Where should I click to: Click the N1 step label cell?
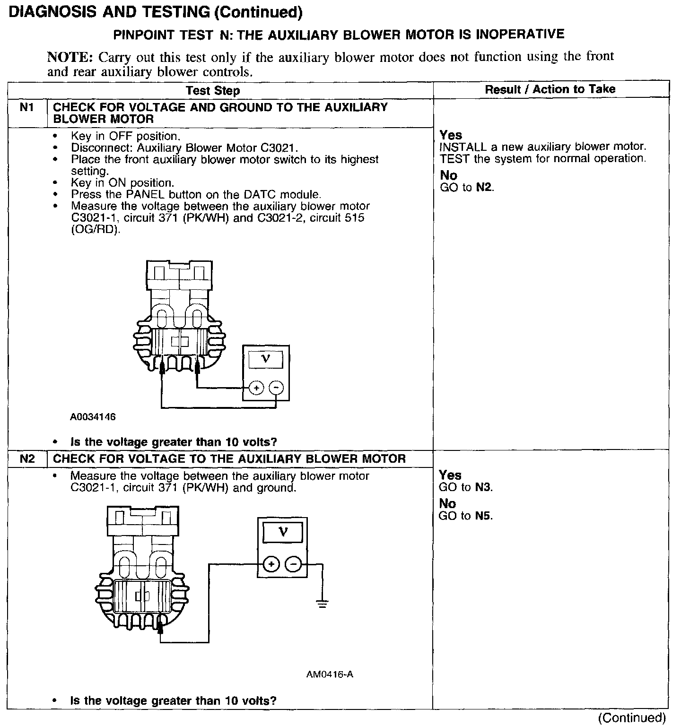[x=27, y=108]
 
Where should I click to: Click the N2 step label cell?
[x=27, y=459]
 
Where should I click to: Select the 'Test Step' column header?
[x=213, y=90]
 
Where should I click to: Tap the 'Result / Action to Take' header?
[x=550, y=89]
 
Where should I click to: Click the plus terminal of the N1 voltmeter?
[x=256, y=388]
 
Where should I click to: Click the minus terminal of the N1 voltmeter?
[x=276, y=388]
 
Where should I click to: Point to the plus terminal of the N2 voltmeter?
[x=271, y=564]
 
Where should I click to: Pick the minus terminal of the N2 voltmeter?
[x=294, y=564]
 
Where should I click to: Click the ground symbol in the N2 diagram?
[x=323, y=604]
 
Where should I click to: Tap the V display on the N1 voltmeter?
[x=265, y=359]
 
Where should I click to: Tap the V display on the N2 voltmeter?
[x=282, y=533]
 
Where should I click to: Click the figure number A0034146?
[x=93, y=417]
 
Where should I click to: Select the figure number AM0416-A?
[x=330, y=674]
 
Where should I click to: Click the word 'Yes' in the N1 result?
[x=451, y=135]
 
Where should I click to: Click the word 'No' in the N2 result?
[x=447, y=504]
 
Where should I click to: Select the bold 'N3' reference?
[x=484, y=487]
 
